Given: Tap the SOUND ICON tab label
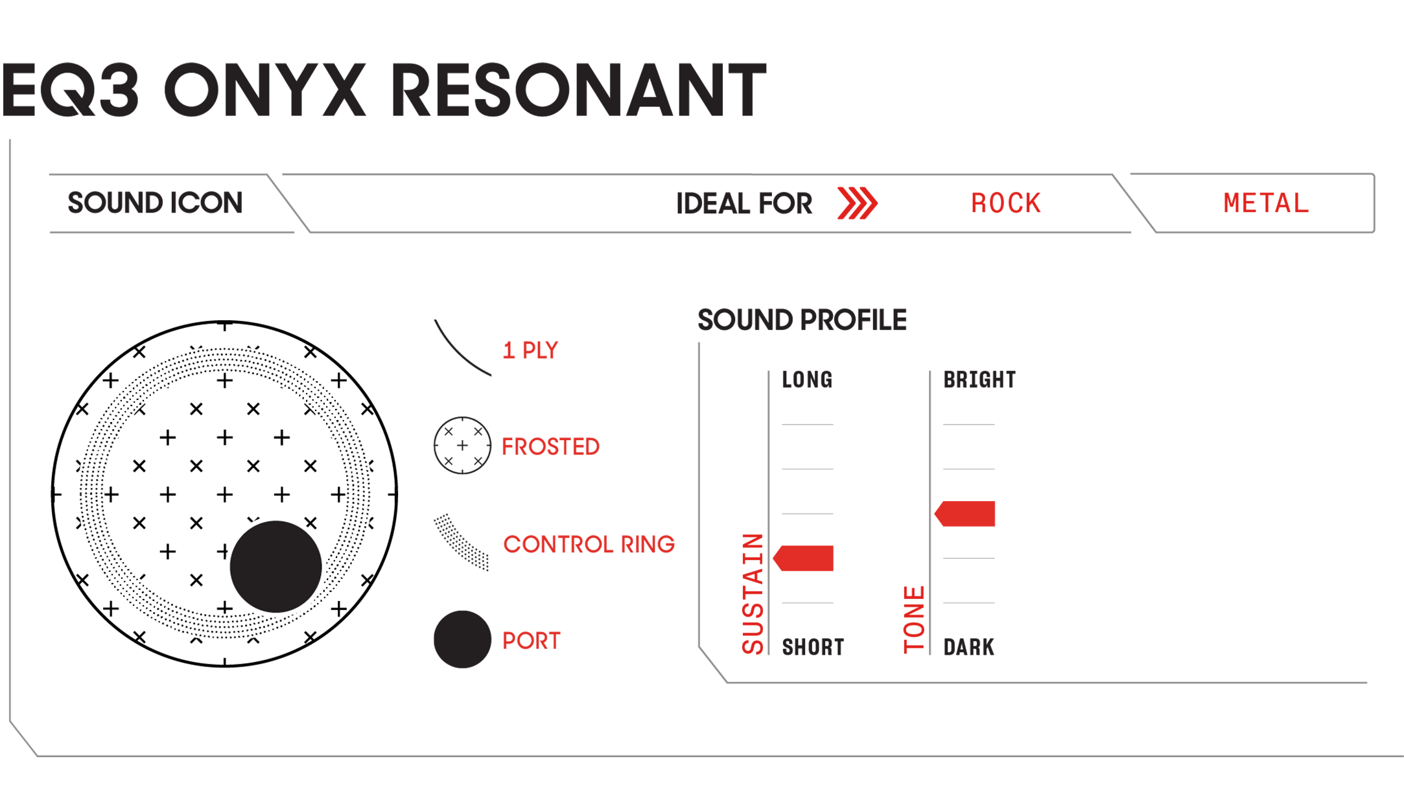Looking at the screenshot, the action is [x=155, y=203].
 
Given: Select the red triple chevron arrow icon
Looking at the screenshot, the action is [x=857, y=203].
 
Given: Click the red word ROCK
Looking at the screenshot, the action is [x=1005, y=204].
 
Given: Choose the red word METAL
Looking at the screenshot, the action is [x=1266, y=204].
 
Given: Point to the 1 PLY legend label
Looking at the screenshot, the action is [x=530, y=351].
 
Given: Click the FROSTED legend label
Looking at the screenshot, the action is [x=550, y=447].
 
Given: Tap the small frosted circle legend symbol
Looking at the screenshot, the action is [x=462, y=445].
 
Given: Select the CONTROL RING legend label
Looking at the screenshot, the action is [x=589, y=545].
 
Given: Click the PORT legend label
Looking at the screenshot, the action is [x=531, y=641].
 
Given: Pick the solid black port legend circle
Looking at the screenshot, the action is [x=462, y=639].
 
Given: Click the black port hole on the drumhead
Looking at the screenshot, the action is [x=276, y=567].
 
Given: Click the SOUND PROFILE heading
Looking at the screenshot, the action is [x=802, y=320].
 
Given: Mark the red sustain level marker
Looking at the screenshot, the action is [x=803, y=558].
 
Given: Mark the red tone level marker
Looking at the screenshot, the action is [x=965, y=513].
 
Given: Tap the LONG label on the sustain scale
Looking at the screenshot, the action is [x=807, y=380].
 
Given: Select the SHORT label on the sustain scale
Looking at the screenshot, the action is [x=813, y=647].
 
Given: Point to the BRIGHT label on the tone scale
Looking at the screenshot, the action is [x=979, y=380].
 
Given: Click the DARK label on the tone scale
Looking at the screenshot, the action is [x=968, y=647].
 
